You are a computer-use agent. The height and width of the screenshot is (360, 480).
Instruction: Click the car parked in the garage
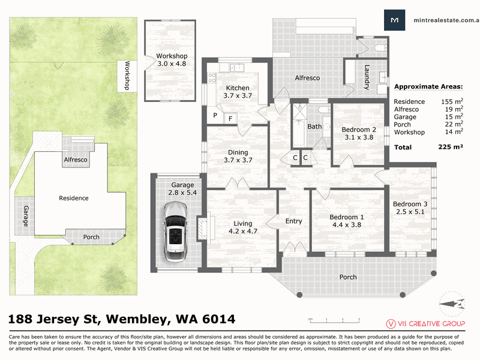click(x=175, y=232)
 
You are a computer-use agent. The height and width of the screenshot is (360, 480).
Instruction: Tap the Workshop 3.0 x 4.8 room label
click(x=172, y=60)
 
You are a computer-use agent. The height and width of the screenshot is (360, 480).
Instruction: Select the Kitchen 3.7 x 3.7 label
click(x=238, y=92)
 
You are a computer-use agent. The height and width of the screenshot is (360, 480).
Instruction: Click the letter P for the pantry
click(x=215, y=115)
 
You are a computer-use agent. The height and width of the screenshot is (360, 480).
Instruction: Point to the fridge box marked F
click(x=230, y=118)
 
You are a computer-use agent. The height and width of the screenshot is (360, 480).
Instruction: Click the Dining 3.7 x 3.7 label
click(x=238, y=156)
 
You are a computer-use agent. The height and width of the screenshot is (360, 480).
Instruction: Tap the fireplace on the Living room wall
click(x=203, y=229)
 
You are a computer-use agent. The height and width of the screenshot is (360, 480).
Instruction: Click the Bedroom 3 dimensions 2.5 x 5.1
click(x=410, y=212)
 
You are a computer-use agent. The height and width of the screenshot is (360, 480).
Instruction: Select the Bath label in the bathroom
click(x=314, y=127)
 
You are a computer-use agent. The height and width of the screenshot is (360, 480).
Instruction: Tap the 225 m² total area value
click(x=451, y=147)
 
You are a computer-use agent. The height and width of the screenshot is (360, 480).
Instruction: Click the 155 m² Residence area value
click(x=452, y=101)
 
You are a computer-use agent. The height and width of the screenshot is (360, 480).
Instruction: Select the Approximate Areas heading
click(x=428, y=86)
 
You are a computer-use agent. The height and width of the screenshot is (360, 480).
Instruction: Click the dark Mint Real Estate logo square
click(x=395, y=20)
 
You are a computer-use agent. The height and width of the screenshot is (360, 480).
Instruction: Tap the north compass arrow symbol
click(x=452, y=304)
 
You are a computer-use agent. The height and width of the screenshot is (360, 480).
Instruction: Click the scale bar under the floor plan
click(x=334, y=320)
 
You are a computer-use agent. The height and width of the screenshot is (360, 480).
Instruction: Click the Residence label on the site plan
click(x=73, y=198)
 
